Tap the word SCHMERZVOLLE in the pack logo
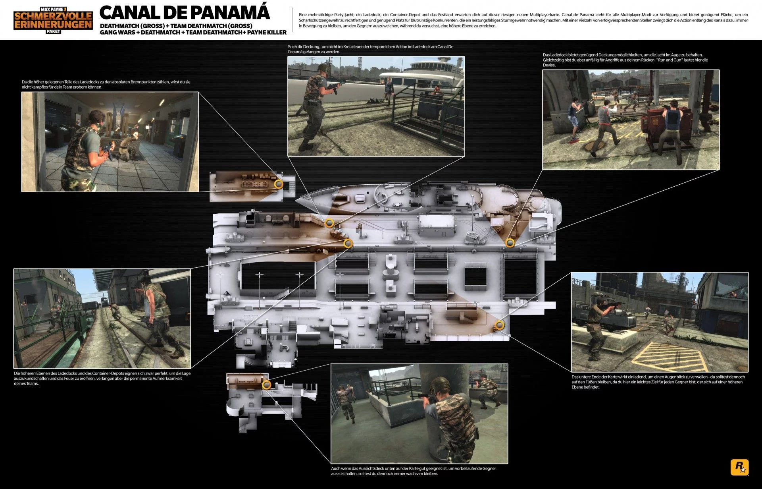[53, 16]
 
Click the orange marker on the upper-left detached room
[279, 184]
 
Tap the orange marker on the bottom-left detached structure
[266, 385]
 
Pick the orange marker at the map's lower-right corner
[499, 326]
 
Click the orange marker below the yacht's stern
[510, 243]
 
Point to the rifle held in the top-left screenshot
[106, 151]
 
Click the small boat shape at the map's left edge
[217, 250]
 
